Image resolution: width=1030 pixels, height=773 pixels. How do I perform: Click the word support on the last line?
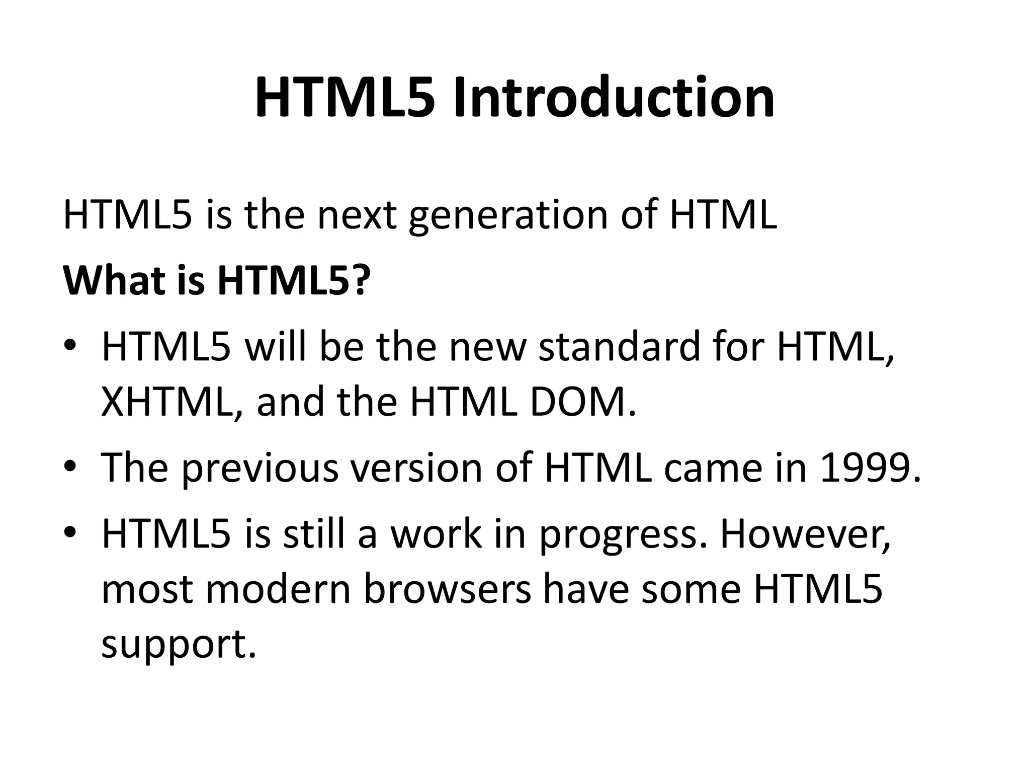pos(179,646)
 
